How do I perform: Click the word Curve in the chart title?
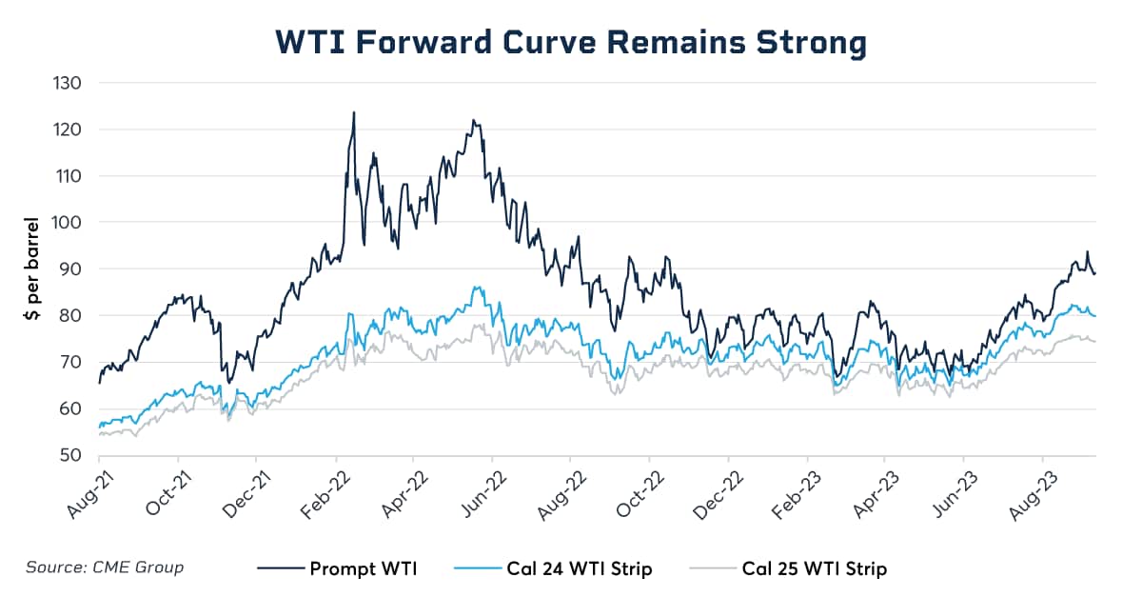click(x=549, y=42)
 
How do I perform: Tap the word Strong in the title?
click(x=812, y=43)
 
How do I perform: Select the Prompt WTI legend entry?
click(x=337, y=567)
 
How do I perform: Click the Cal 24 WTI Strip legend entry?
click(x=553, y=568)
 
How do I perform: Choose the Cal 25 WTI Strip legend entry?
click(x=788, y=568)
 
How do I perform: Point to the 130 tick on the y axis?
click(x=68, y=83)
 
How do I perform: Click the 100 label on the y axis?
click(x=67, y=222)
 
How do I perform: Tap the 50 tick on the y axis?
click(x=70, y=454)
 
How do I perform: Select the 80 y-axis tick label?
click(x=70, y=315)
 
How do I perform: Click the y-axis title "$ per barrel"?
click(x=32, y=269)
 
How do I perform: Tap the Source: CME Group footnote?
click(x=105, y=567)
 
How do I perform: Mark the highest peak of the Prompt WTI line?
click(x=354, y=112)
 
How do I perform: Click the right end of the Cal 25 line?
click(x=1095, y=342)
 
